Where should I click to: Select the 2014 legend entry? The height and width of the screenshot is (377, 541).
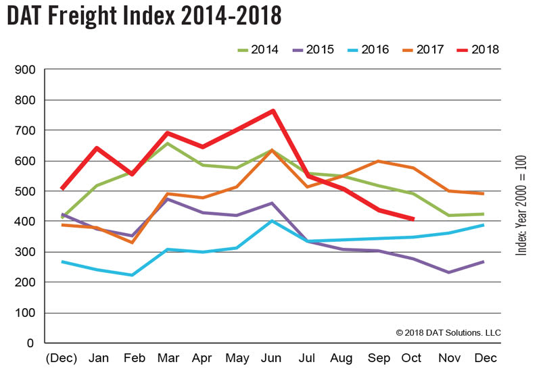tap(255, 49)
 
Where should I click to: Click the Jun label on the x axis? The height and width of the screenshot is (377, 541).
tap(273, 357)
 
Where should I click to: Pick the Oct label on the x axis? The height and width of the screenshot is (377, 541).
tap(413, 357)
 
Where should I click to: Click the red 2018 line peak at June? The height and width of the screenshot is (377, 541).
tap(273, 111)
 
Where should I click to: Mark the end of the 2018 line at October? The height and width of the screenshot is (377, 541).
tap(413, 219)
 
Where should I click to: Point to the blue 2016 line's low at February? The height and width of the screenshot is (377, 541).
tap(132, 275)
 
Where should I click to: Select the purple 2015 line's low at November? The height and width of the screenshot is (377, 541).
tap(448, 272)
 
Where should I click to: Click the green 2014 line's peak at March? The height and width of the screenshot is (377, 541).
tap(167, 143)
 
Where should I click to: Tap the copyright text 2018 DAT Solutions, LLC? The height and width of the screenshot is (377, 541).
tap(448, 332)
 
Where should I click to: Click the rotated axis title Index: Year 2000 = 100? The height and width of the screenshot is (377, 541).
tap(521, 203)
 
